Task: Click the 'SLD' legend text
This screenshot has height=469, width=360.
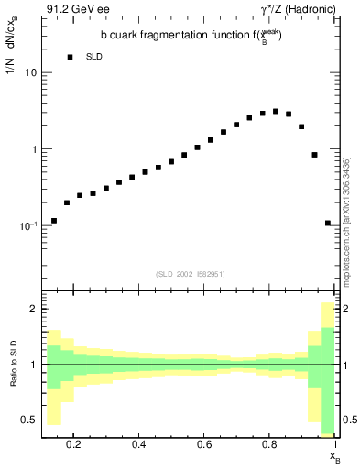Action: pyautogui.click(x=93, y=57)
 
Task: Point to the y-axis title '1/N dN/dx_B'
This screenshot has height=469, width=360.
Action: pyautogui.click(x=12, y=51)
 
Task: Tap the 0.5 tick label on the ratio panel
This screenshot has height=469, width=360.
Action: pyautogui.click(x=29, y=419)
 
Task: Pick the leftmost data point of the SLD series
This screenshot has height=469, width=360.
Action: pyautogui.click(x=54, y=221)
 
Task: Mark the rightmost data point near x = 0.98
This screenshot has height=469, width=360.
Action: pyautogui.click(x=328, y=223)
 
